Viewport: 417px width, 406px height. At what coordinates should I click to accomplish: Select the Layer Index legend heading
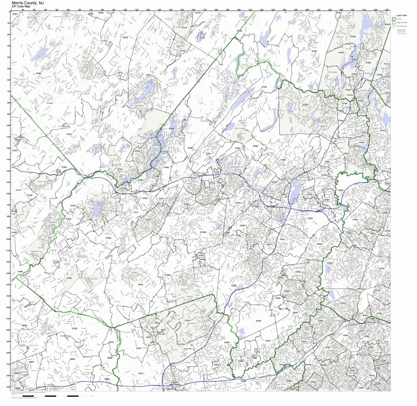401,15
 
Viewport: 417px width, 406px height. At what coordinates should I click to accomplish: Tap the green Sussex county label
50,101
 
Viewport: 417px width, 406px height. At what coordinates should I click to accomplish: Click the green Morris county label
136,212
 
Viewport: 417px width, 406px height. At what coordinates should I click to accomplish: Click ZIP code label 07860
38,73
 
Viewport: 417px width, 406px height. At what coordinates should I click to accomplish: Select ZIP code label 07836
108,238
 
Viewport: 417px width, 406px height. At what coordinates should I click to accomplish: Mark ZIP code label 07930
141,284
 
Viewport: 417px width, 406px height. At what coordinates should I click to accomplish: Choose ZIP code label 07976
258,321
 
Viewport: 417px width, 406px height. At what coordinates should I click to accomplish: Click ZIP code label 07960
242,226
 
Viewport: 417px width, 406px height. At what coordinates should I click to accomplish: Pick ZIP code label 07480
314,51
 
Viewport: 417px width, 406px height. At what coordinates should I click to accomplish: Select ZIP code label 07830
74,328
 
